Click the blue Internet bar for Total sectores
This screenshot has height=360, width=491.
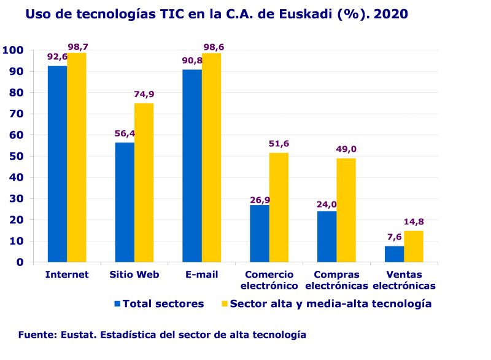[57, 163]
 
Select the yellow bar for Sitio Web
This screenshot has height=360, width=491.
[144, 182]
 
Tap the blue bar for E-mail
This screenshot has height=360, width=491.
[192, 165]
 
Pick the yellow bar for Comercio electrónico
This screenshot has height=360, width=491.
[279, 207]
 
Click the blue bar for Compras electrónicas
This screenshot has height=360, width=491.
[327, 237]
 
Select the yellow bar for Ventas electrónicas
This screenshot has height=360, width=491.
[413, 246]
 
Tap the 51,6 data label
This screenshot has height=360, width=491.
[279, 144]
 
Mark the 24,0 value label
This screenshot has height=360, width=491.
[327, 204]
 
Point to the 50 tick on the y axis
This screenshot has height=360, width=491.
[17, 156]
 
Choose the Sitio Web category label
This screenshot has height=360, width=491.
[134, 275]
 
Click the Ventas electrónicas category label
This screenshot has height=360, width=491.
[404, 280]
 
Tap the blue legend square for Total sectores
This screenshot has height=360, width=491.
[117, 303]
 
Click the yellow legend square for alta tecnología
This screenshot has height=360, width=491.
[224, 303]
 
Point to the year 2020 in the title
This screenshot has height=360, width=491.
[391, 14]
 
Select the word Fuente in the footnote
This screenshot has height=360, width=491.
[37, 335]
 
